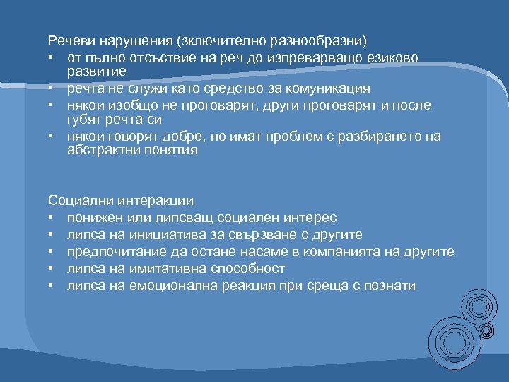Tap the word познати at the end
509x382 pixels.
click(x=391, y=286)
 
